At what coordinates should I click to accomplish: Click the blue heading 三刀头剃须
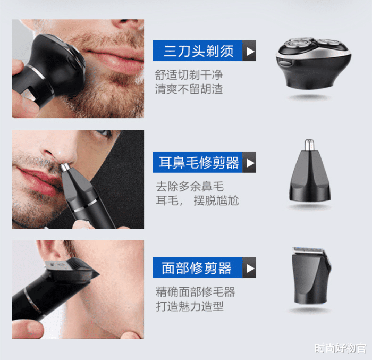coord(199,51)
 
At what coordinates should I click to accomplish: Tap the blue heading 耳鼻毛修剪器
coord(199,162)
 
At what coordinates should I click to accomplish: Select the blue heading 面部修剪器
coord(197,268)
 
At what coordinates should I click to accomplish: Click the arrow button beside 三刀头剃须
coord(249,51)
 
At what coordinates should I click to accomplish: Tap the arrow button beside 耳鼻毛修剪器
coord(249,162)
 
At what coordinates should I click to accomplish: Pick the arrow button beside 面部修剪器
coord(249,268)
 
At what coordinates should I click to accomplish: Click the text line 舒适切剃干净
coord(189,75)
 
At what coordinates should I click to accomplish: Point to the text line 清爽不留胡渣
coord(189,89)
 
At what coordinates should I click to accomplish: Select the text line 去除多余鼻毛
coord(190,187)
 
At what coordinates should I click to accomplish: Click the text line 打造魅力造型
coord(190,306)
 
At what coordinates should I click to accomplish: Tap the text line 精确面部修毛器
coord(195,292)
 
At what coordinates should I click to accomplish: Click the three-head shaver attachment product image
coord(314,62)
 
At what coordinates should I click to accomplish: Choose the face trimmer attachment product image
coord(311,275)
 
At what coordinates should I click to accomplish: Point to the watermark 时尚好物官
coord(340,348)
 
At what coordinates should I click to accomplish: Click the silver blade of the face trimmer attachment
coord(308,250)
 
